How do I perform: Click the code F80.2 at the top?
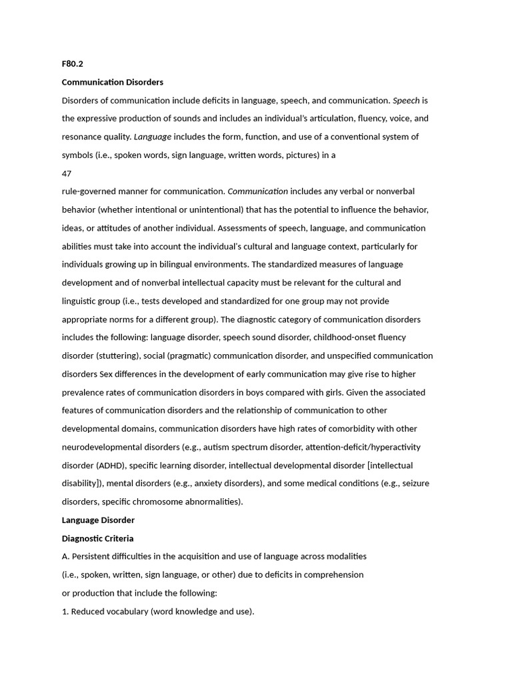click(x=73, y=64)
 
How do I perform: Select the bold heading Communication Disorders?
click(x=112, y=82)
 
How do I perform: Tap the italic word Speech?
click(x=406, y=101)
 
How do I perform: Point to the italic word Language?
click(x=153, y=137)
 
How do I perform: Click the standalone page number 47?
click(x=67, y=173)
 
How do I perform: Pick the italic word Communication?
click(x=258, y=191)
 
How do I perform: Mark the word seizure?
click(x=414, y=484)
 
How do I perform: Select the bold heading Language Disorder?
click(x=98, y=520)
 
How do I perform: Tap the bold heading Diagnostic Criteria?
click(x=97, y=538)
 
